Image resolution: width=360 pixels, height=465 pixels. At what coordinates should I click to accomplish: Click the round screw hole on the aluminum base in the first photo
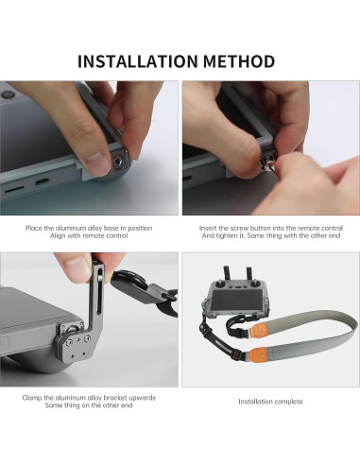click(121, 162)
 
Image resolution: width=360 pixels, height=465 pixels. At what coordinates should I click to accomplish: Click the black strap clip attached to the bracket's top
click(124, 281)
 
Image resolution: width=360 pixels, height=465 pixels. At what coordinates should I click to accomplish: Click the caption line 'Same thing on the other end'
click(89, 405)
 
